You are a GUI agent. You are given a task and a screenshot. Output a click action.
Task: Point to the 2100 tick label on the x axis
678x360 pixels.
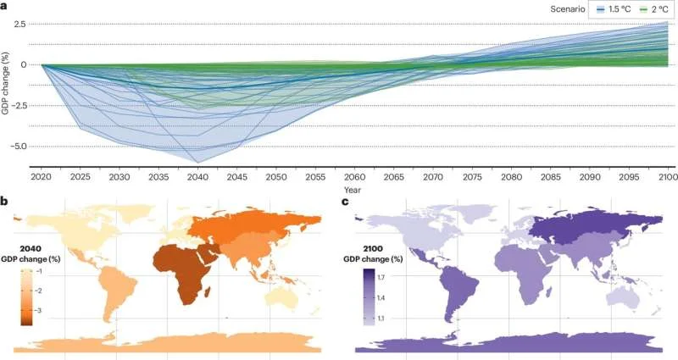tap(665, 180)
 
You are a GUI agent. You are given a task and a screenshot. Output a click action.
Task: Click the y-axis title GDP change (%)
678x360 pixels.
tap(7, 85)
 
